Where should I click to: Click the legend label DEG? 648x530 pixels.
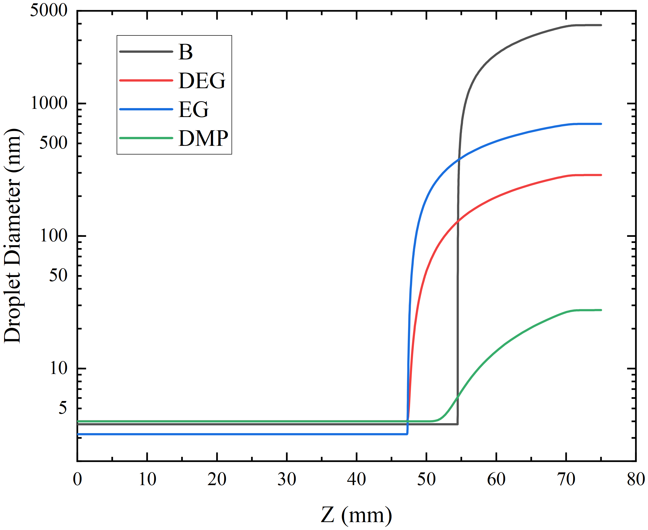tap(202, 81)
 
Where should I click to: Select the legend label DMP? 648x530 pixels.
tap(203, 138)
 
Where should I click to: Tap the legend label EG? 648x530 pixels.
tap(193, 109)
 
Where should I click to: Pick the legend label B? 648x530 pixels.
tap(185, 52)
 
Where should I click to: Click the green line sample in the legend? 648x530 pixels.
tap(146, 138)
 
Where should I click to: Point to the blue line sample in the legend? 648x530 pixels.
tap(146, 109)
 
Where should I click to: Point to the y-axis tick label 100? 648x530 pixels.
tap(53, 236)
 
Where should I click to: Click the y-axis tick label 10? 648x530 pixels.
tap(58, 368)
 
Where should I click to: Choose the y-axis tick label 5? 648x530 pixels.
tap(63, 408)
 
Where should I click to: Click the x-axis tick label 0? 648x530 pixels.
tap(77, 479)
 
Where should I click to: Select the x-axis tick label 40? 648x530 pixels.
tap(356, 479)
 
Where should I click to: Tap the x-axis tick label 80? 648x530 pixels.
tap(636, 479)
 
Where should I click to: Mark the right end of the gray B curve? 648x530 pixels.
tap(601, 25)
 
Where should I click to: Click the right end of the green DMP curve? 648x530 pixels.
tap(601, 310)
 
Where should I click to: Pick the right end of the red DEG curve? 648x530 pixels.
tap(601, 175)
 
